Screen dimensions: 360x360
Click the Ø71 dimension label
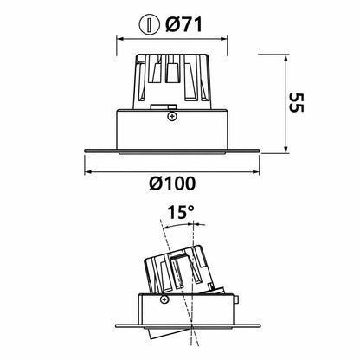pyautogui.click(x=183, y=24)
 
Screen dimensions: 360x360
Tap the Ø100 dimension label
pyautogui.click(x=172, y=183)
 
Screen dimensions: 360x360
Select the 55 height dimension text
pyautogui.click(x=296, y=102)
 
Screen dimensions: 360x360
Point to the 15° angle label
pyautogui.click(x=181, y=212)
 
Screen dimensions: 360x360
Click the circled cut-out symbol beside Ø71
pyautogui.click(x=149, y=25)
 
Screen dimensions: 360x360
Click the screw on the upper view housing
pyautogui.click(x=172, y=116)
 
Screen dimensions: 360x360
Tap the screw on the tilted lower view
pyautogui.click(x=164, y=299)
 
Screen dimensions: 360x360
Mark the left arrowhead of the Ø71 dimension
pyautogui.click(x=119, y=39)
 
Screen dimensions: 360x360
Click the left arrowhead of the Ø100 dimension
pyautogui.click(x=87, y=172)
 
